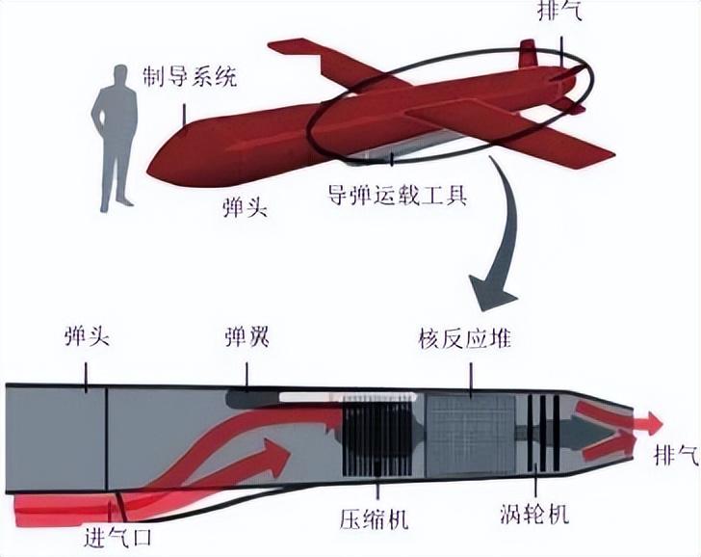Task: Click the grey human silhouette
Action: pyautogui.click(x=117, y=135)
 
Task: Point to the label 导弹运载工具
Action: pyautogui.click(x=394, y=199)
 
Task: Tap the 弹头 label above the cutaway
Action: pyautogui.click(x=87, y=338)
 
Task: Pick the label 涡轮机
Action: pyautogui.click(x=535, y=512)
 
